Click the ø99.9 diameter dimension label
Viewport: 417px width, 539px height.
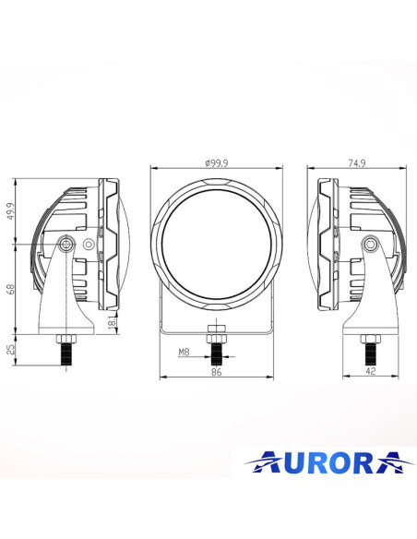tap(218, 163)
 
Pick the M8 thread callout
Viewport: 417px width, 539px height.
tap(185, 352)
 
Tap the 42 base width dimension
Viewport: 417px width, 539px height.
tap(369, 371)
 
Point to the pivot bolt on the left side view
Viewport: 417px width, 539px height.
tap(66, 244)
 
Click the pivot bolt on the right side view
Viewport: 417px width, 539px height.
tap(369, 244)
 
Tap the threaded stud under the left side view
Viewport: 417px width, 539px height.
tap(66, 353)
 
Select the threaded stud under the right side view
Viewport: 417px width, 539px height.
tap(369, 353)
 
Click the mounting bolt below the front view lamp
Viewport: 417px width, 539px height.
tap(217, 347)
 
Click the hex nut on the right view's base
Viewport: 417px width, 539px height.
tap(369, 338)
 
